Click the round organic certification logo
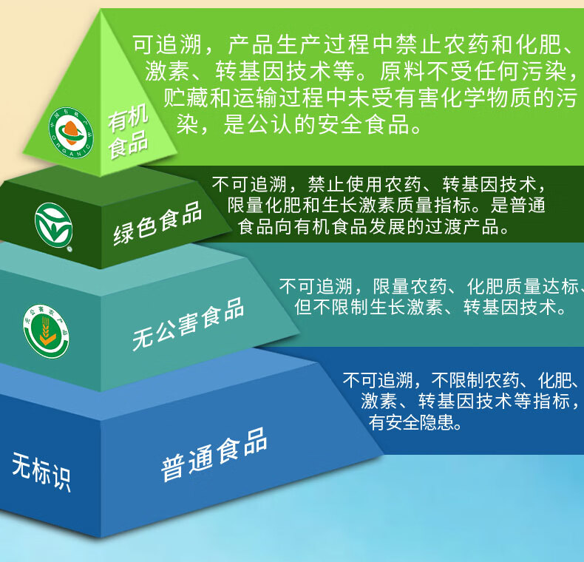(x=71, y=133)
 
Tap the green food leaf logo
(x=54, y=225)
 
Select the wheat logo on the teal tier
(x=46, y=331)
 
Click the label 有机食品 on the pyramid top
(x=128, y=130)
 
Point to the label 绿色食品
(x=157, y=223)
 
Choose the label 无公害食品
(x=188, y=324)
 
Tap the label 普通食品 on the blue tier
(x=214, y=454)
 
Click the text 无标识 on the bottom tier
(x=41, y=472)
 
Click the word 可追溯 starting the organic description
(x=167, y=44)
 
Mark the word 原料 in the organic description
(x=403, y=71)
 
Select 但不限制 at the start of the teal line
(x=331, y=308)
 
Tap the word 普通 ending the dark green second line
(x=528, y=205)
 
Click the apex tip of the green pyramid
(x=101, y=10)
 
